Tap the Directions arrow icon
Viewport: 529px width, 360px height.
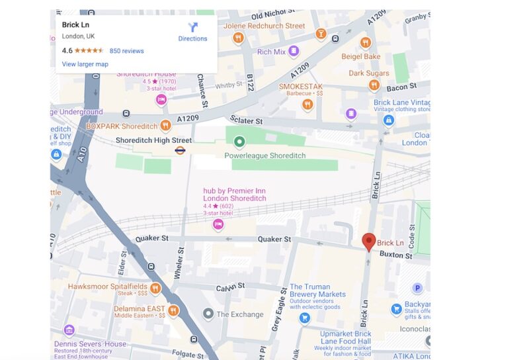[192, 27]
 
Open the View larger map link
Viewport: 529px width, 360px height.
[85, 64]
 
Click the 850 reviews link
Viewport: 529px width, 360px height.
[126, 51]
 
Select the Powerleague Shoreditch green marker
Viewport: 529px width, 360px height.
[239, 142]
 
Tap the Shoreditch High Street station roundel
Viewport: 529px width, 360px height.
[180, 150]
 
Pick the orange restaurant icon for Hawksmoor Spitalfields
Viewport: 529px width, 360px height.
[155, 288]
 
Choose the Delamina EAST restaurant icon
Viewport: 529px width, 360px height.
[173, 310]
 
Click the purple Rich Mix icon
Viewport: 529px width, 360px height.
[294, 52]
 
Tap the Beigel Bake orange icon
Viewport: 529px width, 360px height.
[365, 43]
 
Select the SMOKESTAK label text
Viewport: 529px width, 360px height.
[300, 87]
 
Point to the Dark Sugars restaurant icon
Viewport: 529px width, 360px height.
[374, 85]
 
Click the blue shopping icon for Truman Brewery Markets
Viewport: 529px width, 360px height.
[304, 318]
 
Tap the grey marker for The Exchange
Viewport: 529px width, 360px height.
[208, 314]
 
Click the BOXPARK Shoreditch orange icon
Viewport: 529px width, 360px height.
[165, 125]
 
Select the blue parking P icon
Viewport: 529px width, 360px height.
[417, 288]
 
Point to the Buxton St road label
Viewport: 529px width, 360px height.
[395, 255]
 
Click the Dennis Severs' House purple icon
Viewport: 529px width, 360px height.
[69, 330]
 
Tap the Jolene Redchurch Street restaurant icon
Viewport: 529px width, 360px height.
[238, 38]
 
